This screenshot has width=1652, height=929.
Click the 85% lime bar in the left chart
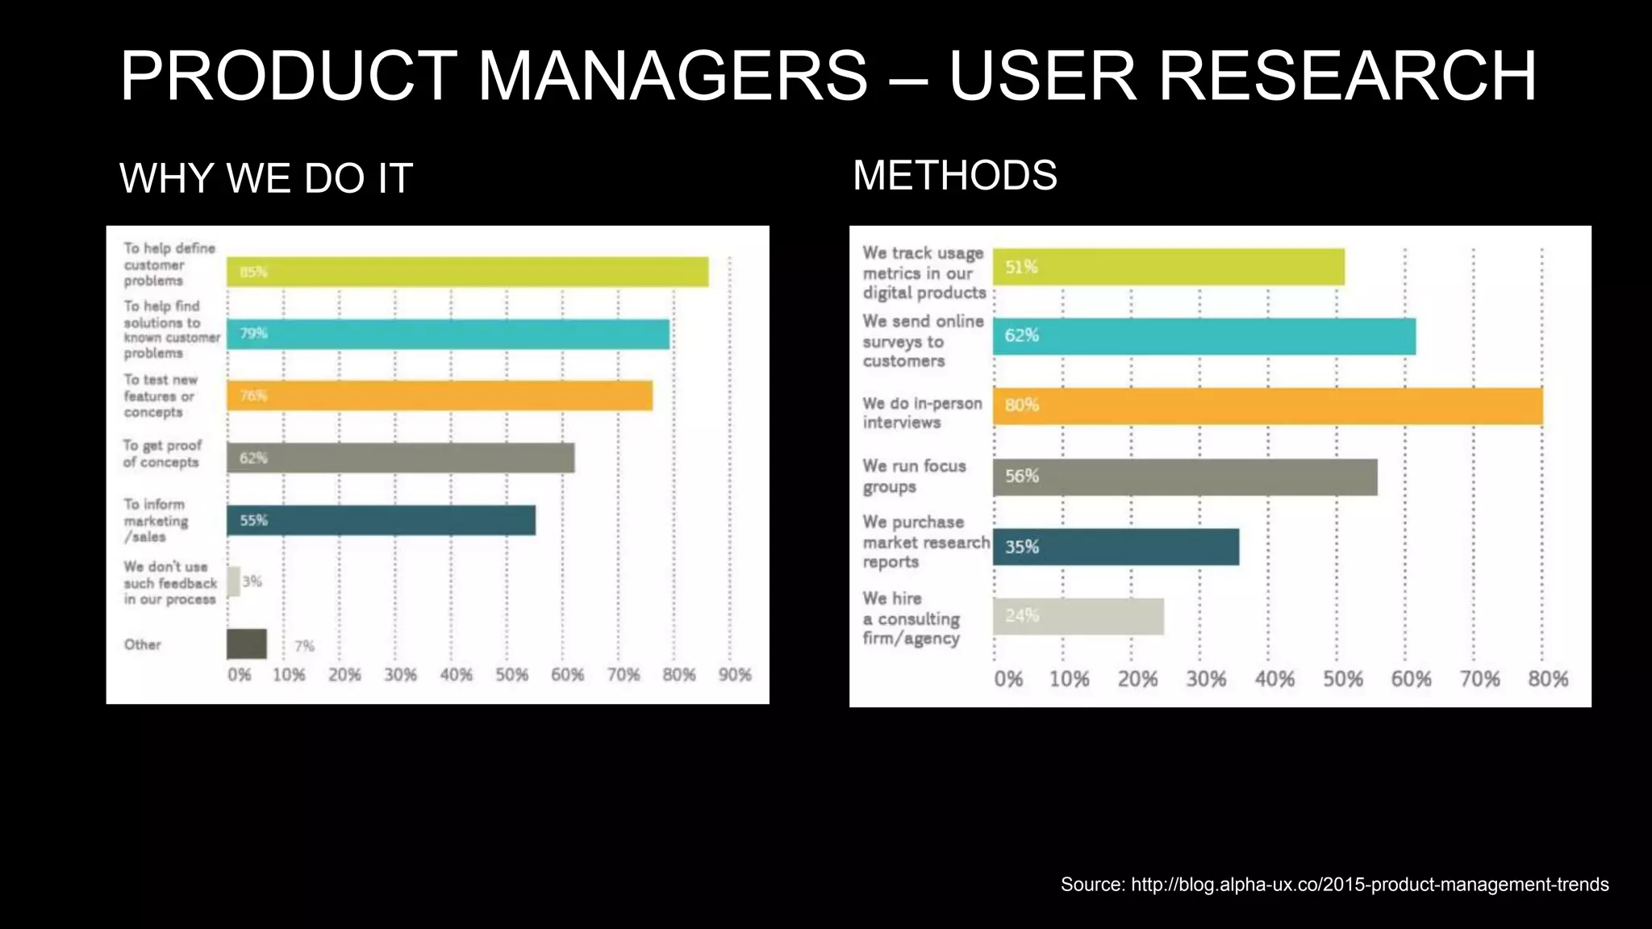[467, 272]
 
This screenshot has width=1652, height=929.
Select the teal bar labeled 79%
[448, 334]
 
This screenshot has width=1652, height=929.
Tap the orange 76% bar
[440, 396]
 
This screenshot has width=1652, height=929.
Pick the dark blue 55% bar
[381, 520]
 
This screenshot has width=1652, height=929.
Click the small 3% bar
[233, 581]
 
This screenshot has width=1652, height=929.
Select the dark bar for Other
[246, 644]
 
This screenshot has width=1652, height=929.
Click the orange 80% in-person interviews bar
[1267, 406]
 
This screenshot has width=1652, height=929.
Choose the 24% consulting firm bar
[1078, 617]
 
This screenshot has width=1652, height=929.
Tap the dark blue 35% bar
[1116, 547]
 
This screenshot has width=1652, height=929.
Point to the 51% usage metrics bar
[1168, 267]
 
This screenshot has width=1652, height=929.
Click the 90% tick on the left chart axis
[735, 675]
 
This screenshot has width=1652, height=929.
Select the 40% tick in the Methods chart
[1274, 680]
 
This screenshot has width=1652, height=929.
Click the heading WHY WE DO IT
[266, 178]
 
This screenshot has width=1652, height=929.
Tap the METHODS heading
[954, 175]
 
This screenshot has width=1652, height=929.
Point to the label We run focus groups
[914, 476]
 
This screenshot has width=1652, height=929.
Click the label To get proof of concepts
[162, 453]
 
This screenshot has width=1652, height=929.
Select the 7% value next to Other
[304, 646]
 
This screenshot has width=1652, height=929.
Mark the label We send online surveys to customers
[923, 341]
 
